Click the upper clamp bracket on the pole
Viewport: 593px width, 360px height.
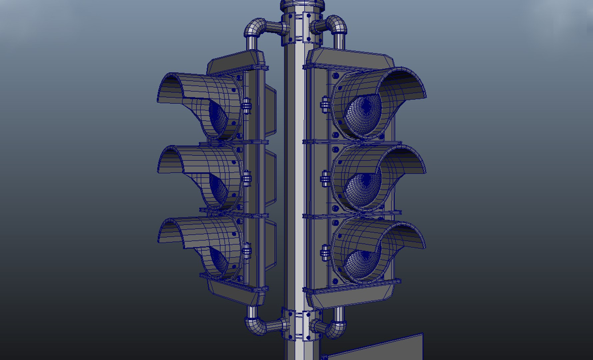pyautogui.click(x=302, y=28)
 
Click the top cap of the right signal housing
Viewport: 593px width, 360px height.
pyautogui.click(x=350, y=58)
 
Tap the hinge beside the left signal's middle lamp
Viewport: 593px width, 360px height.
pyautogui.click(x=246, y=179)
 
